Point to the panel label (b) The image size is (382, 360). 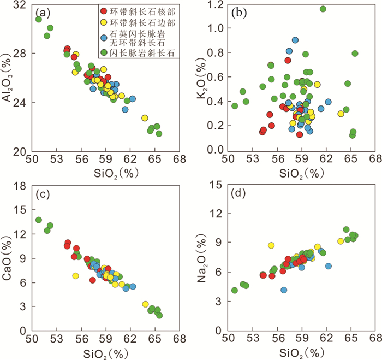[x=236, y=11]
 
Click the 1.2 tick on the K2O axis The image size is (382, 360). [x=214, y=5]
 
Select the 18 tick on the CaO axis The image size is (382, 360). [x=22, y=186]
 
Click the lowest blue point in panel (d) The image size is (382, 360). [x=284, y=290]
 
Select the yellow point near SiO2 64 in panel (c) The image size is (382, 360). [x=146, y=304]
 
